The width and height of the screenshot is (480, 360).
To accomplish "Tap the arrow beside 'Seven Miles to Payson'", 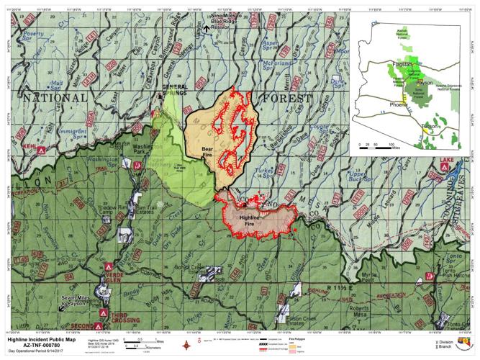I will click(x=60, y=309).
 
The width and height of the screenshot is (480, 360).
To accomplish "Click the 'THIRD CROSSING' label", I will click(x=124, y=316).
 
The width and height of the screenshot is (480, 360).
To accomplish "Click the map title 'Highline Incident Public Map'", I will click(x=47, y=338).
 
